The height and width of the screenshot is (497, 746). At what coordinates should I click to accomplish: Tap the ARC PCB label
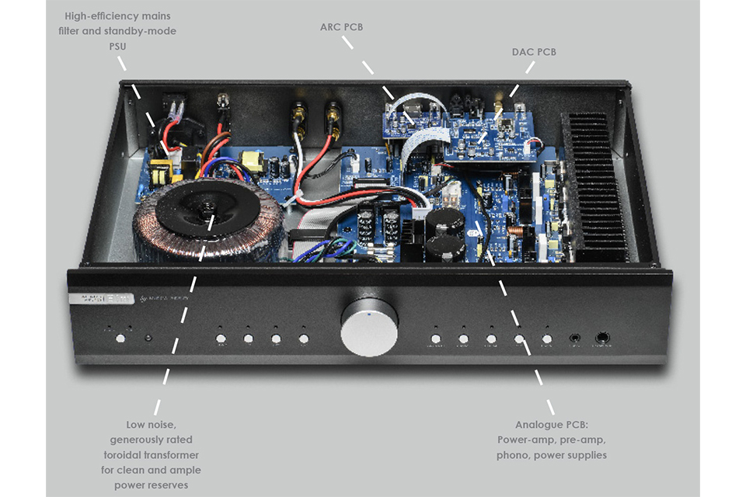[x=342, y=28]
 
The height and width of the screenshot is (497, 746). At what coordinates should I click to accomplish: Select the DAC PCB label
[x=535, y=52]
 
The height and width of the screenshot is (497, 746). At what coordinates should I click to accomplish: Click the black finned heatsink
[x=596, y=186]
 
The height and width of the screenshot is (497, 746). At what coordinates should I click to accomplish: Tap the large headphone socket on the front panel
[x=601, y=339]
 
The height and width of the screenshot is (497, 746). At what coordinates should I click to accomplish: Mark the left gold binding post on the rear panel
[x=298, y=118]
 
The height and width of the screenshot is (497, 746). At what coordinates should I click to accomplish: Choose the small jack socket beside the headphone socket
[x=574, y=339]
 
